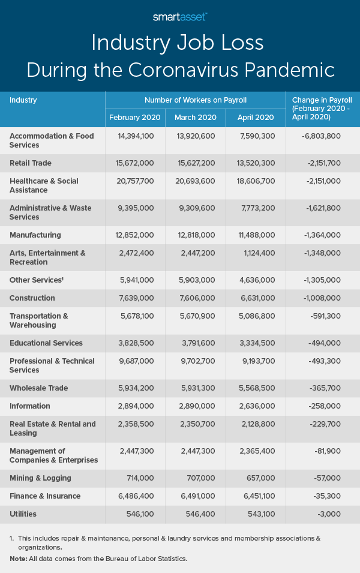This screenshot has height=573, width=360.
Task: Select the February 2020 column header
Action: [x=136, y=118]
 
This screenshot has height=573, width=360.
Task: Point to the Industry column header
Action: [x=23, y=100]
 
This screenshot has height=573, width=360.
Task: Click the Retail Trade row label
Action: [x=31, y=163]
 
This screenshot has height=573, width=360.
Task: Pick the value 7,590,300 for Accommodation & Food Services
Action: [x=256, y=136]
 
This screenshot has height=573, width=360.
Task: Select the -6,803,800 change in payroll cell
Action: [x=321, y=136]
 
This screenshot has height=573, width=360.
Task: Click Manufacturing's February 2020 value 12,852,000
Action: [x=135, y=235]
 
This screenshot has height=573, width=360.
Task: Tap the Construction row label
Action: [x=32, y=298]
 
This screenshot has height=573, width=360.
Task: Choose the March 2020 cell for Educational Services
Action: [x=196, y=343]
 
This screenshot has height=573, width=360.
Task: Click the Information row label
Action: [x=30, y=406]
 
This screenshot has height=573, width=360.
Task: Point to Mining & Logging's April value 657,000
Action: [x=260, y=478]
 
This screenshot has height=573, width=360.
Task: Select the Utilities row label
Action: [x=23, y=514]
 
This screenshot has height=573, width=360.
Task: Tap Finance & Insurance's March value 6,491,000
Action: [x=196, y=496]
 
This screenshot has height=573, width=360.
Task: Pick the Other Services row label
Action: [x=35, y=280]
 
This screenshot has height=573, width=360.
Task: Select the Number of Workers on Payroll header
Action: [x=196, y=100]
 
